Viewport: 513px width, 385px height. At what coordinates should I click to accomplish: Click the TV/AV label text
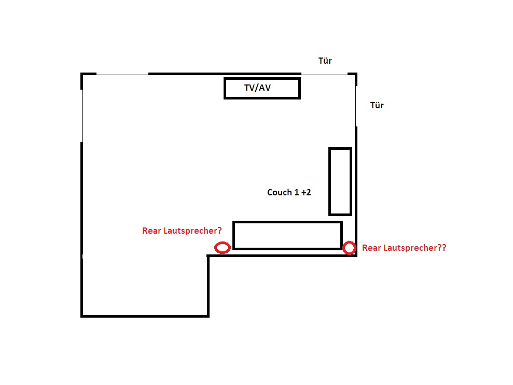click(x=257, y=88)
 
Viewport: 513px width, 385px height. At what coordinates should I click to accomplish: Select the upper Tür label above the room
click(x=325, y=61)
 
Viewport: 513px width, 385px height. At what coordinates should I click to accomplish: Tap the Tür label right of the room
click(x=377, y=105)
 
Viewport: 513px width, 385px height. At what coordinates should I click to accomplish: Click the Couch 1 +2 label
click(x=289, y=192)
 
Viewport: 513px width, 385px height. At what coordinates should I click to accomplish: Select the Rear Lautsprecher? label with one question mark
click(x=182, y=231)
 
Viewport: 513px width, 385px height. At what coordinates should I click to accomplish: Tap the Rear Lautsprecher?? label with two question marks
click(x=404, y=248)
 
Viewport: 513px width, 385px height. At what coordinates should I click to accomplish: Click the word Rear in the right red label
click(x=371, y=248)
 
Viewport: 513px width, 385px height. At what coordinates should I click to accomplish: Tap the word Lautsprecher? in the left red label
click(x=192, y=231)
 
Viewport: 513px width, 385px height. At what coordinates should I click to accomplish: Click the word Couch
click(x=280, y=192)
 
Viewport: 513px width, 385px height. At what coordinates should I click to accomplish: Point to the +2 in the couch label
click(x=306, y=192)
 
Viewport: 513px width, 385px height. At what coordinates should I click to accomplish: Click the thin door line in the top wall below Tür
click(x=324, y=75)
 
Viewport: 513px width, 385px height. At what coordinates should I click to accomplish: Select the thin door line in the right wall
click(x=356, y=106)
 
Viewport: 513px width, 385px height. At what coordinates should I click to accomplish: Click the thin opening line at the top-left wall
click(x=122, y=75)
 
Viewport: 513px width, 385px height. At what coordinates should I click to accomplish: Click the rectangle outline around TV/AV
click(x=262, y=78)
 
